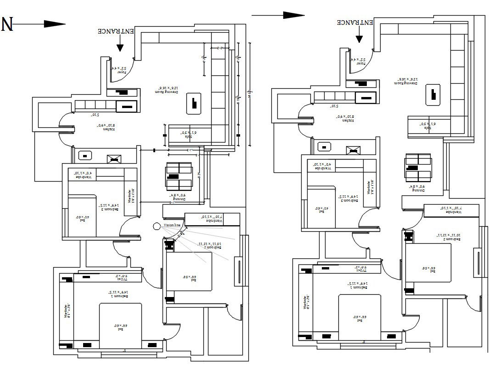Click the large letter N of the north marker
pos(7,24)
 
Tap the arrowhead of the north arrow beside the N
pos(57,24)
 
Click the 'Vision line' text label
pos(174,225)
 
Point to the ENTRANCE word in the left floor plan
pos(116,31)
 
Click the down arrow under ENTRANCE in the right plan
pos(359,37)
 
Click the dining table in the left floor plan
pos(179,176)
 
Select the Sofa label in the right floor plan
pos(426,124)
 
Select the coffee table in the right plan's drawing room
pos(432,94)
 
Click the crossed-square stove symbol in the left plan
pos(113,159)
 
